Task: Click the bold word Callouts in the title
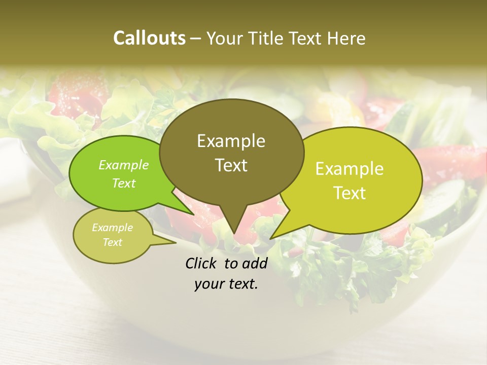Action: [x=149, y=38]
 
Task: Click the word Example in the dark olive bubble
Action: [x=231, y=141]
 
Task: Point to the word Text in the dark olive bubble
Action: [x=231, y=165]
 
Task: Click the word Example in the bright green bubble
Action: [x=123, y=165]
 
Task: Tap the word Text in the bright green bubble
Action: [x=123, y=184]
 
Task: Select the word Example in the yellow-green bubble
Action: [x=350, y=169]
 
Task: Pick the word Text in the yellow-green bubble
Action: [x=350, y=193]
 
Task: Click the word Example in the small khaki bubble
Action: [x=112, y=228]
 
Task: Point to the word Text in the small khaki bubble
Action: [x=112, y=242]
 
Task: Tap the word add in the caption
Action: [x=254, y=263]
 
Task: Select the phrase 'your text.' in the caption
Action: [x=226, y=284]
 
